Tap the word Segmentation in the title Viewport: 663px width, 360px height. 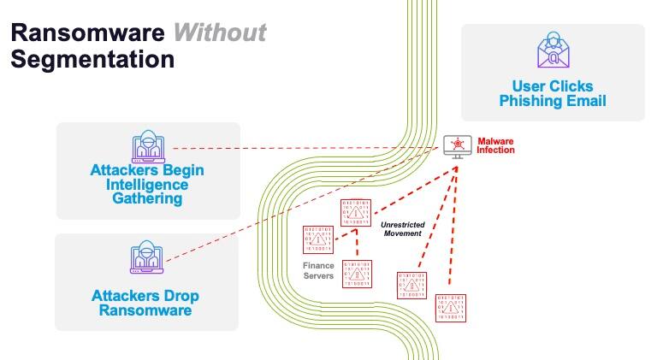point(92,60)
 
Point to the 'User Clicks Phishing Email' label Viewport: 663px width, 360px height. point(552,93)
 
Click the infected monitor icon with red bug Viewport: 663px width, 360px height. point(459,146)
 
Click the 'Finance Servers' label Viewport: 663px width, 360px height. point(318,271)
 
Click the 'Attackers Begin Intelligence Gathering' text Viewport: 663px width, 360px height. point(147,184)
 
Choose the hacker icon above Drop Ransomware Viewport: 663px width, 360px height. point(146,258)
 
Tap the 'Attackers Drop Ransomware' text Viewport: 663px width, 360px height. point(145,304)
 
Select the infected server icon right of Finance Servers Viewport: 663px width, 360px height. point(358,274)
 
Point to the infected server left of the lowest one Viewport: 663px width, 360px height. point(411,284)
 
